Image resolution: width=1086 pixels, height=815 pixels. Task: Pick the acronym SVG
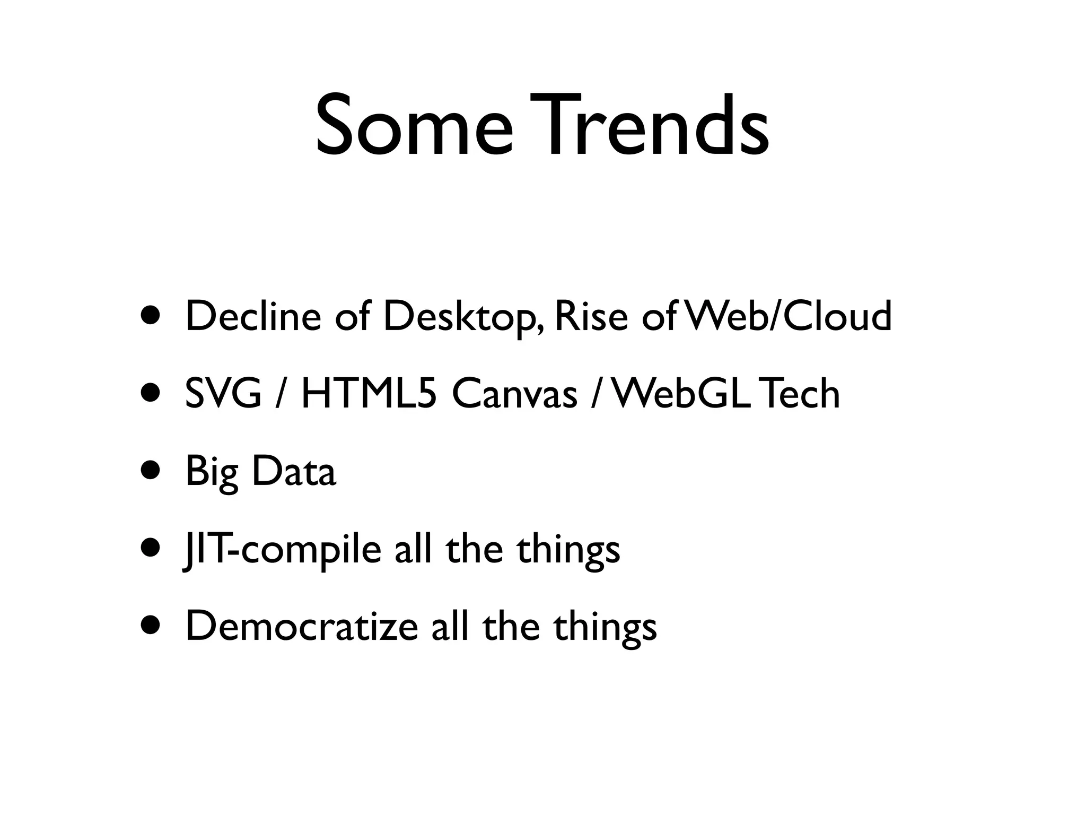point(223,394)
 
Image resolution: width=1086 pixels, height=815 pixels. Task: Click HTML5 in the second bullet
point(369,394)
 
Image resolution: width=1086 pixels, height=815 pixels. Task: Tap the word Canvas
point(514,394)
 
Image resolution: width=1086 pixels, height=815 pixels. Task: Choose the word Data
point(294,471)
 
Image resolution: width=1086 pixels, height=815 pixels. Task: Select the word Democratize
point(302,627)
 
